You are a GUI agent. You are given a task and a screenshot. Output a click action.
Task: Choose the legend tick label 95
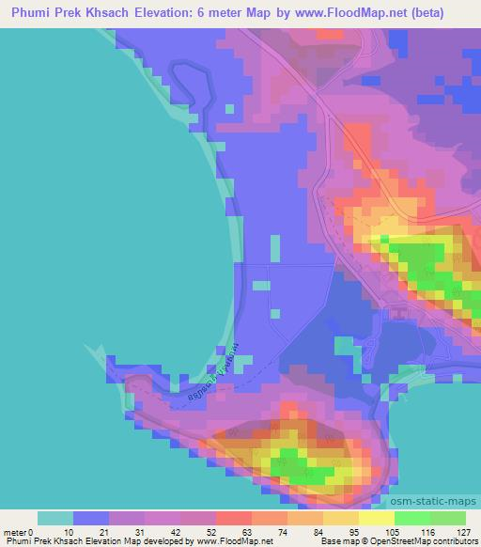tap(328, 531)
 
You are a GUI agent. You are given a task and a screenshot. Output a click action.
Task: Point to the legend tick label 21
tap(91, 531)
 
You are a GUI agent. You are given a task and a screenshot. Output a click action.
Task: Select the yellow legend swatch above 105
tap(377, 518)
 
